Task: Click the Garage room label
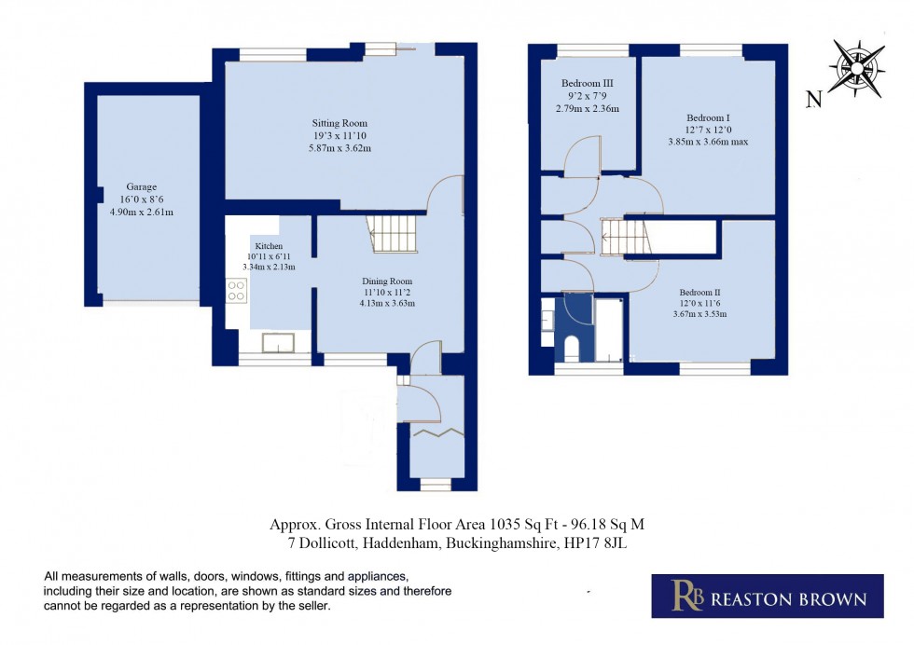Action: tap(142, 187)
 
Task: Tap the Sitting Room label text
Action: tap(339, 123)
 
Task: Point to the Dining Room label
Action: tap(388, 281)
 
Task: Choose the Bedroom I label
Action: tap(708, 117)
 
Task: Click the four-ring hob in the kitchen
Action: tap(235, 290)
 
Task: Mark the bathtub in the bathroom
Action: tap(610, 331)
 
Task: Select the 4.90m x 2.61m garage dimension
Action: tap(142, 213)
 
